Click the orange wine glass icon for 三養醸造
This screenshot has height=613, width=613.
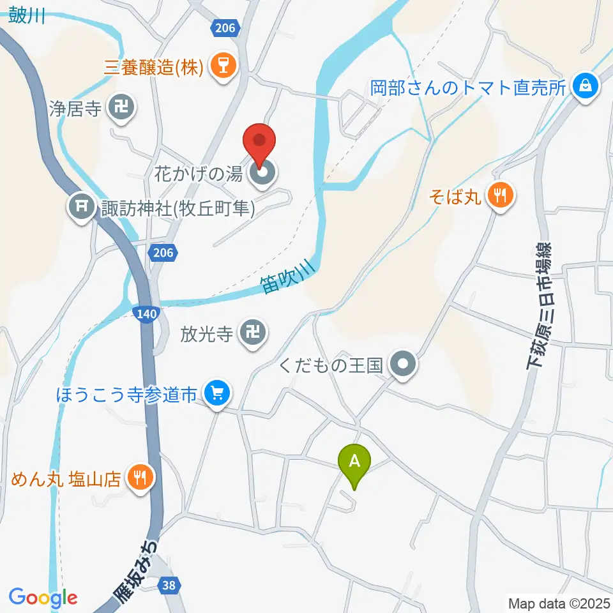point(223,66)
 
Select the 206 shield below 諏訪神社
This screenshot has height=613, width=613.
point(162,254)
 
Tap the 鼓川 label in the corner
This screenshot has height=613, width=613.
point(27,17)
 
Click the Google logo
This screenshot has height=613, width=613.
point(43,597)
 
